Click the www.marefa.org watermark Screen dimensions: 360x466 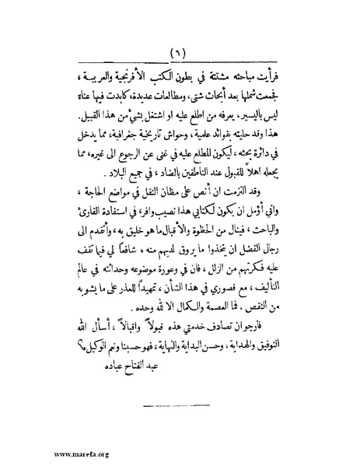[x=40, y=451]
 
